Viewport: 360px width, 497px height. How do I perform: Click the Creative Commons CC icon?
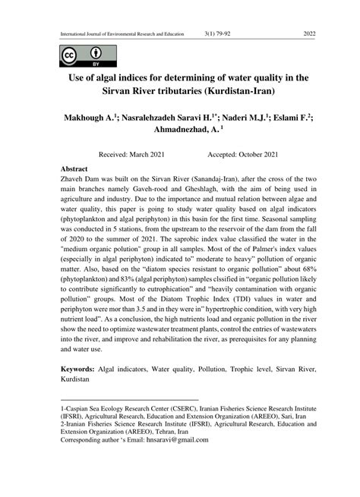point(69,55)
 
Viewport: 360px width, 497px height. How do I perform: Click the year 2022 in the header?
point(308,34)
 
